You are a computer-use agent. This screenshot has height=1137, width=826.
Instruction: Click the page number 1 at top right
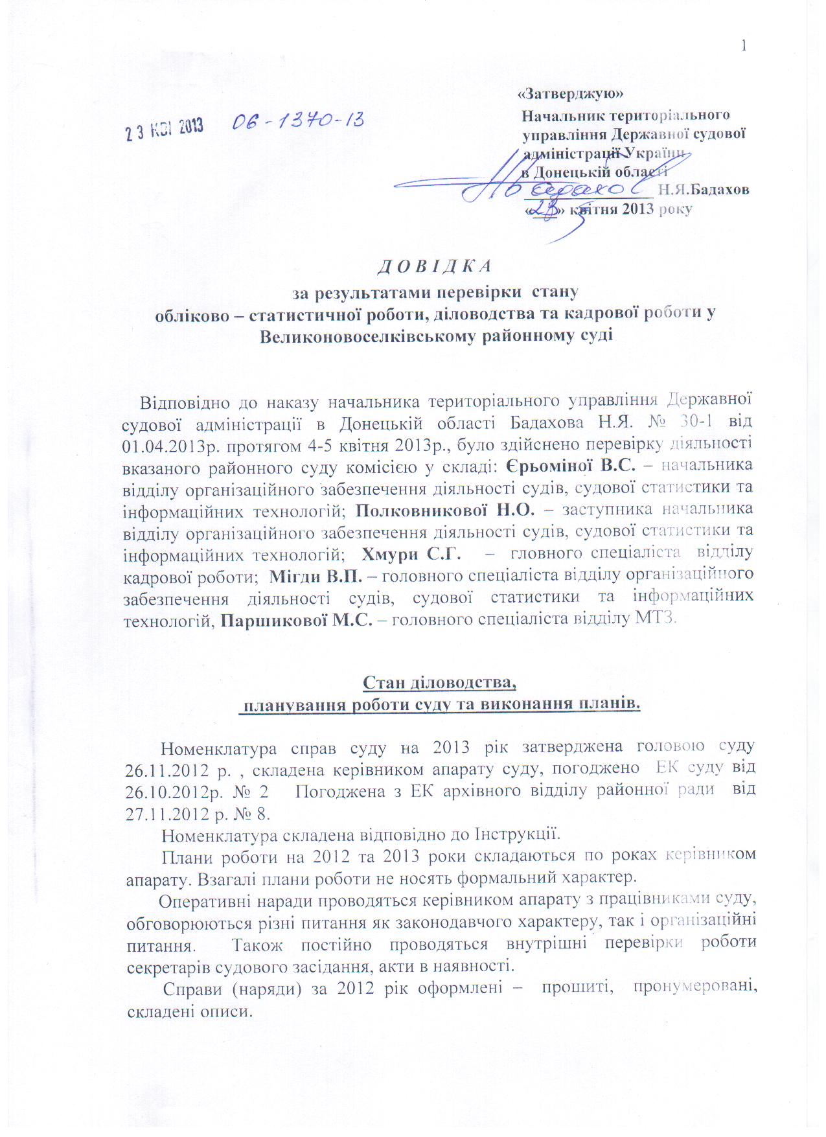pyautogui.click(x=744, y=45)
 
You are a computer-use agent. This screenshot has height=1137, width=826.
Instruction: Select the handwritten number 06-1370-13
pyautogui.click(x=297, y=121)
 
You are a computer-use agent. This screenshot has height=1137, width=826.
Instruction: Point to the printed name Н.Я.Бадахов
pyautogui.click(x=704, y=190)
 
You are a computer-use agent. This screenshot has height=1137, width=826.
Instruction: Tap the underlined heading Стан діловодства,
pyautogui.click(x=439, y=683)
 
